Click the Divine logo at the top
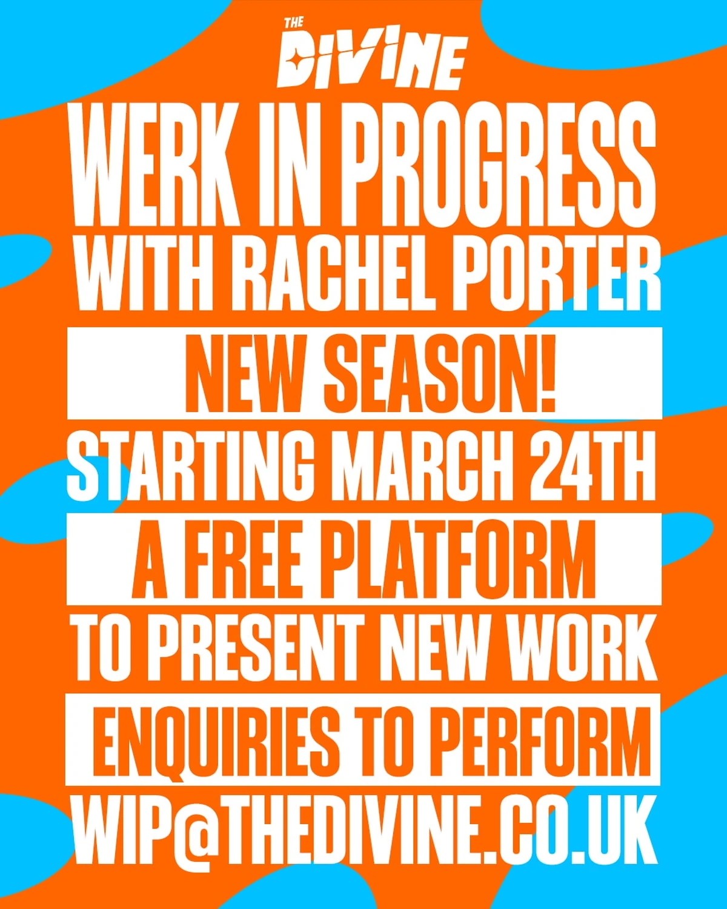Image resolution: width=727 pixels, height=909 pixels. [x=372, y=56]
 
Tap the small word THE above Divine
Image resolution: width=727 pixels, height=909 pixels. [x=294, y=23]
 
